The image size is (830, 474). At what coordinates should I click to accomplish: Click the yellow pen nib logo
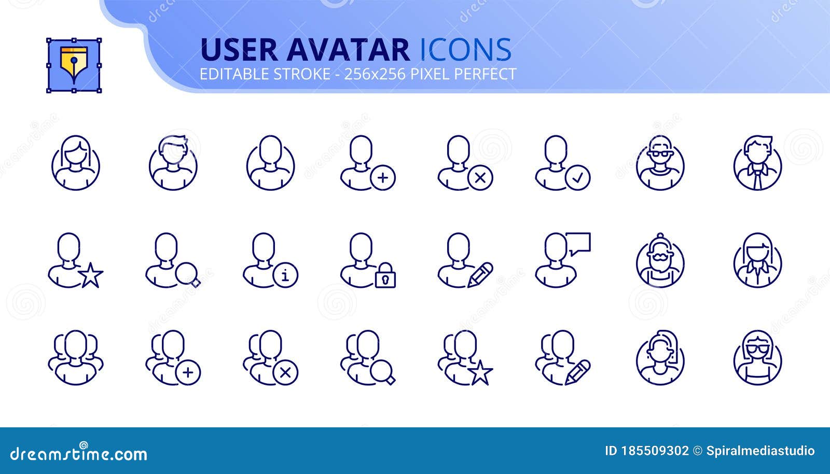(74, 65)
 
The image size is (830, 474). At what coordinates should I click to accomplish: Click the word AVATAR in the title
(348, 50)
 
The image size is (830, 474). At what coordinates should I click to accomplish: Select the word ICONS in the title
(465, 50)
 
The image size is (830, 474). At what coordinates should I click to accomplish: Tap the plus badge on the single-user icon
(383, 178)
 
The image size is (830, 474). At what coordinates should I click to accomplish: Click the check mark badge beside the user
(577, 178)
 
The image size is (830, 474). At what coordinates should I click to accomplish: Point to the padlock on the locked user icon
(385, 275)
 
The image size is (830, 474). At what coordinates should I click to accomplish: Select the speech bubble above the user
(578, 243)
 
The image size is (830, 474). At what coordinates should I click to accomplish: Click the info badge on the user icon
(285, 275)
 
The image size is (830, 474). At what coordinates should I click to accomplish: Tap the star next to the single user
(91, 275)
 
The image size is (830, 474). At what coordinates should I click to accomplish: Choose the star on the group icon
(480, 373)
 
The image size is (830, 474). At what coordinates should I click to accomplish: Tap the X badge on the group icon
(285, 373)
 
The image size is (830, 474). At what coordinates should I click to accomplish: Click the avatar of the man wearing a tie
(757, 163)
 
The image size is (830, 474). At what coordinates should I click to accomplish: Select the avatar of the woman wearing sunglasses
(757, 358)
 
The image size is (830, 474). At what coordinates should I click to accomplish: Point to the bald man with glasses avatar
(660, 163)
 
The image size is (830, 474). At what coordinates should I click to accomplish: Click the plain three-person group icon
(76, 358)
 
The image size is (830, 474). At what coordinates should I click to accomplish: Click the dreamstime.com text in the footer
(79, 454)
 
